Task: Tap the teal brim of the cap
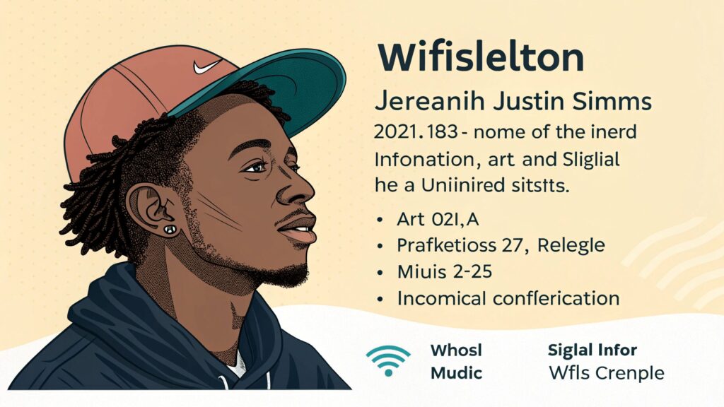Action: [277, 88]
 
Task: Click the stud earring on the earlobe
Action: [170, 229]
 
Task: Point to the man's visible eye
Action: [255, 167]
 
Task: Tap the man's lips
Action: [299, 228]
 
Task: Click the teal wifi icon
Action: [388, 360]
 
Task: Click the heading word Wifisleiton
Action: [481, 57]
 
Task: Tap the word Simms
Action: [612, 102]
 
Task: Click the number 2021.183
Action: [416, 132]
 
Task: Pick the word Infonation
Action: [424, 160]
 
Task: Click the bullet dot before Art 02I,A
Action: [380, 220]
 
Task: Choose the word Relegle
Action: [571, 245]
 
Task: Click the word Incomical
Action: [442, 299]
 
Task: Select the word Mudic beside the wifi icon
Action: [456, 373]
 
